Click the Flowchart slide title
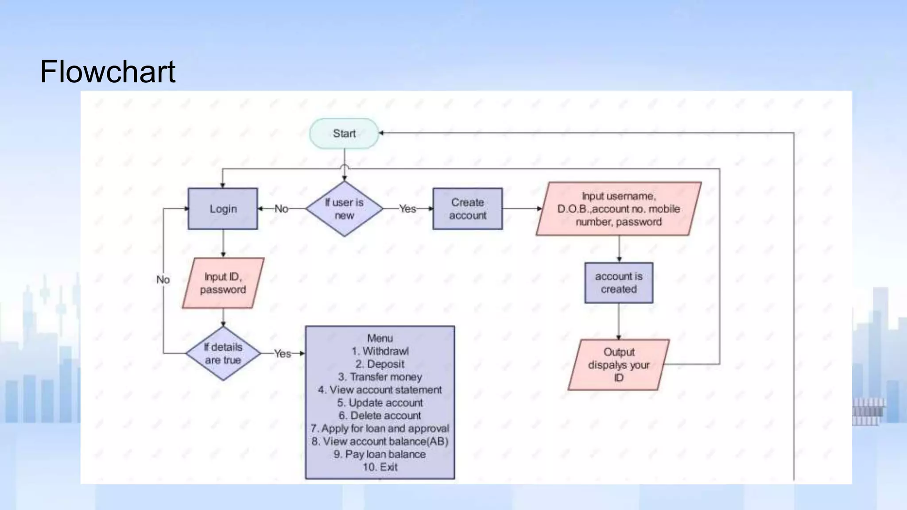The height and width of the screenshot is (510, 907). pyautogui.click(x=108, y=72)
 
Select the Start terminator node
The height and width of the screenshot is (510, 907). pyautogui.click(x=344, y=133)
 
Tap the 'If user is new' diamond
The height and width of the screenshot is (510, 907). pyautogui.click(x=344, y=209)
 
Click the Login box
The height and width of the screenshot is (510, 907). pyautogui.click(x=223, y=209)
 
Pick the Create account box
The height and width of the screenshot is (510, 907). pyautogui.click(x=467, y=209)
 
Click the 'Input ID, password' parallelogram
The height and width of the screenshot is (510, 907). pyautogui.click(x=223, y=283)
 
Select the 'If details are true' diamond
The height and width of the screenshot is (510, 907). pyautogui.click(x=223, y=353)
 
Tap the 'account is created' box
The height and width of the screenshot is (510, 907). pyautogui.click(x=618, y=282)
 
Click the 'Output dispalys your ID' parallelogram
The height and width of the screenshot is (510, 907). pyautogui.click(x=618, y=364)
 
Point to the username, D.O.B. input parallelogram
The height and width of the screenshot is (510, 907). pyautogui.click(x=618, y=209)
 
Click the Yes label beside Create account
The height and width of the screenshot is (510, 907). pyautogui.click(x=407, y=209)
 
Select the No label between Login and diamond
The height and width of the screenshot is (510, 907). pyautogui.click(x=281, y=209)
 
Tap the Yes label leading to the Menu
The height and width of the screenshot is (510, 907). pyautogui.click(x=283, y=353)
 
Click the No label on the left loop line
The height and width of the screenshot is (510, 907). pyautogui.click(x=163, y=280)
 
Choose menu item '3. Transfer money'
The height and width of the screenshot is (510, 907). pyautogui.click(x=380, y=377)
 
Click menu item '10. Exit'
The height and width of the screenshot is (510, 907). pyautogui.click(x=380, y=467)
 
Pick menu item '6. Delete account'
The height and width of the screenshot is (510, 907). pyautogui.click(x=380, y=416)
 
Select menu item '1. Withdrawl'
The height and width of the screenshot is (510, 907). pyautogui.click(x=380, y=351)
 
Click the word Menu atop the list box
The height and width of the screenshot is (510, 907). pyautogui.click(x=380, y=338)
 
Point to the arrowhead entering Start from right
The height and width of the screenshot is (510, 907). pyautogui.click(x=381, y=133)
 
